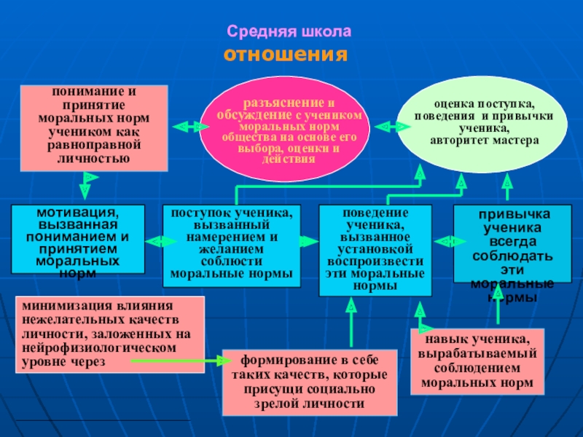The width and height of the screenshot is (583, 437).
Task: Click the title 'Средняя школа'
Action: click(289, 33)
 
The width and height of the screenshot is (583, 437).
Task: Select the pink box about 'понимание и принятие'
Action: click(93, 127)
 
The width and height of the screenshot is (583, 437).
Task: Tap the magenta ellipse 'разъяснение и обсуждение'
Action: click(289, 127)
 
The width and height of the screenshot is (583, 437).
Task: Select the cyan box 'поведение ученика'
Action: click(375, 249)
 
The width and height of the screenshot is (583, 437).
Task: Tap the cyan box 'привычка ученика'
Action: click(509, 245)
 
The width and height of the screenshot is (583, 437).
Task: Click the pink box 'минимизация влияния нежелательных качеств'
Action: click(109, 334)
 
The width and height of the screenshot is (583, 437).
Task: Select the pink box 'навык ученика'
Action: click(477, 361)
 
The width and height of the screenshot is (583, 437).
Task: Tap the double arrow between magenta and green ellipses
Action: click(391, 127)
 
